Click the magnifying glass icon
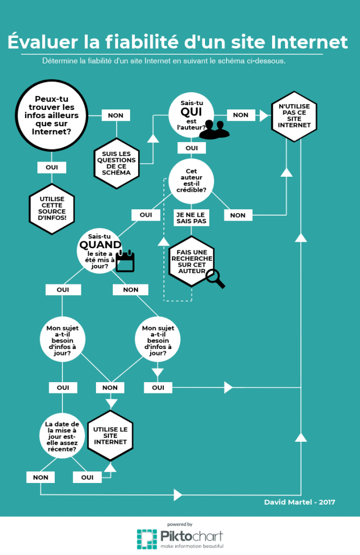click(x=215, y=279)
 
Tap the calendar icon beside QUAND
click(x=125, y=261)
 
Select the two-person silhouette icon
click(x=214, y=130)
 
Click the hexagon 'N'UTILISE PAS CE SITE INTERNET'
click(x=294, y=117)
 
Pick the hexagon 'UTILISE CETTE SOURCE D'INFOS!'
click(x=52, y=209)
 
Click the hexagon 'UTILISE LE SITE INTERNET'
click(x=111, y=435)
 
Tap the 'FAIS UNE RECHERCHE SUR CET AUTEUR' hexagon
click(x=191, y=261)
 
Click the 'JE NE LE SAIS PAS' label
click(x=192, y=217)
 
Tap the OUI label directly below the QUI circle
click(x=191, y=148)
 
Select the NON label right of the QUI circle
click(x=241, y=115)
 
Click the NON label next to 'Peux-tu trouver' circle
click(x=115, y=115)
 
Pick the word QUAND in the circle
click(x=100, y=245)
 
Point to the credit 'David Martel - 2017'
click(x=300, y=502)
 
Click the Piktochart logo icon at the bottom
click(x=146, y=539)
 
